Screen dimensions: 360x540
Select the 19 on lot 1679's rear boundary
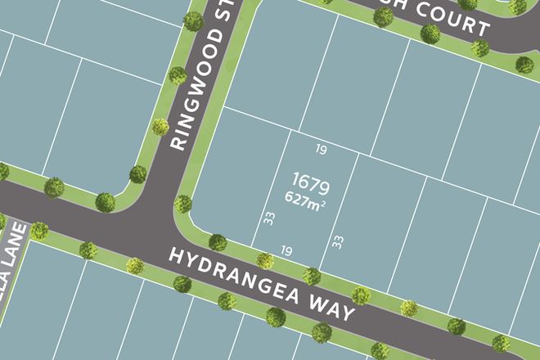coord(321,149)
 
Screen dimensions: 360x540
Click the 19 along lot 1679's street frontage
coord(286,250)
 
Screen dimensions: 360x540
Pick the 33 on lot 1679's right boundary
coord(336,241)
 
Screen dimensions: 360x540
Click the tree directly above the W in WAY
coord(312,276)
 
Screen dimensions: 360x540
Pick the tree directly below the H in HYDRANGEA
coord(182,284)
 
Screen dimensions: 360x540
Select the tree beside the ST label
coord(194,20)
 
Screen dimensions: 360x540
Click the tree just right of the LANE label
coord(39,231)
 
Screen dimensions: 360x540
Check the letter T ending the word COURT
coord(484,28)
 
